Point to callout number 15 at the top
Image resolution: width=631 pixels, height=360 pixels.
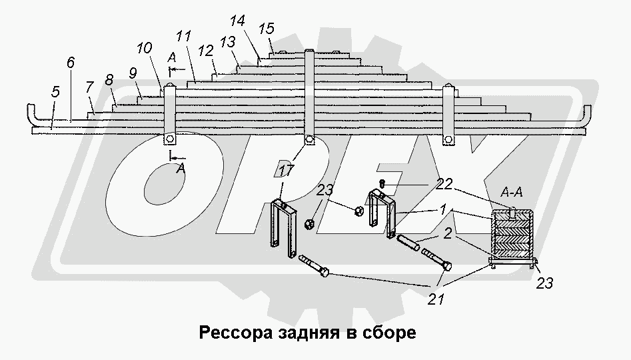tap(267, 29)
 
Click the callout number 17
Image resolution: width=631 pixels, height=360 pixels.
tap(285, 171)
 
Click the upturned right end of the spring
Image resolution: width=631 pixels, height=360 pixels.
tap(586, 113)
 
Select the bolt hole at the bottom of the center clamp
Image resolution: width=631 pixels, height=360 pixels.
tap(309, 139)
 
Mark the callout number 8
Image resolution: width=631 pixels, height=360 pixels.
tap(109, 79)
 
